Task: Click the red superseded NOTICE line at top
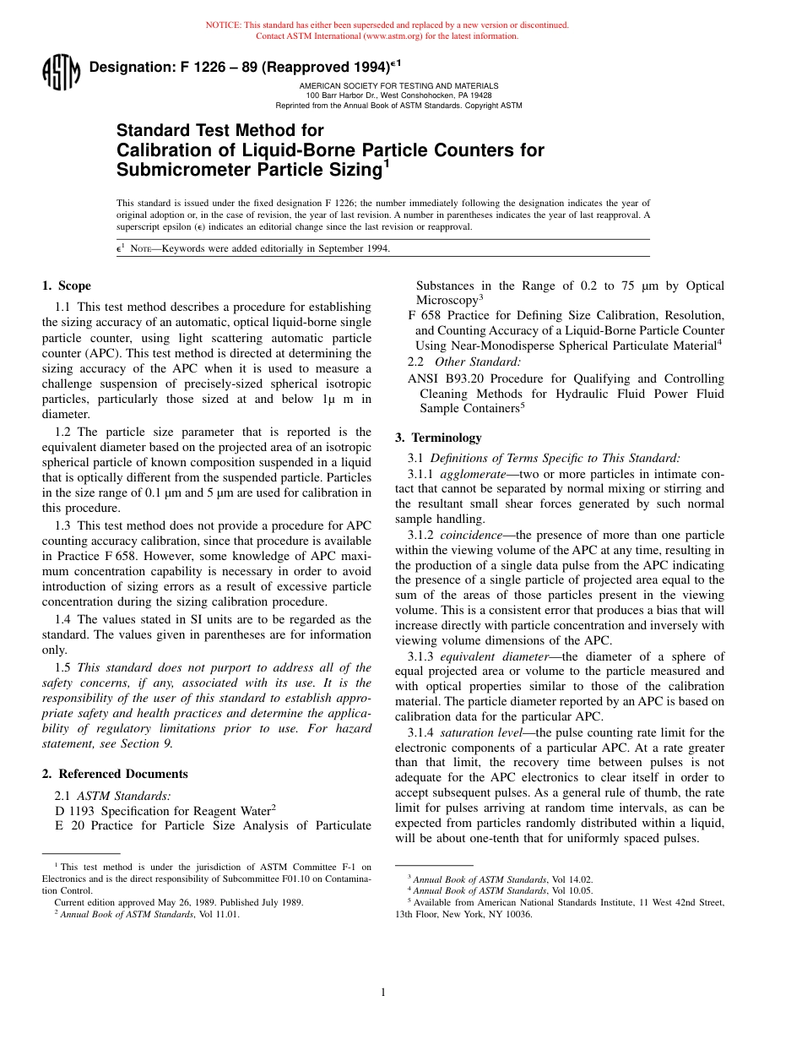pyautogui.click(x=387, y=25)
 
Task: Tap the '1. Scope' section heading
pyautogui.click(x=67, y=286)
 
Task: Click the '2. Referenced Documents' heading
pyautogui.click(x=115, y=774)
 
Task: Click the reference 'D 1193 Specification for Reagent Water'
pyautogui.click(x=165, y=811)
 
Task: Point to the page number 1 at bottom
pyautogui.click(x=383, y=993)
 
